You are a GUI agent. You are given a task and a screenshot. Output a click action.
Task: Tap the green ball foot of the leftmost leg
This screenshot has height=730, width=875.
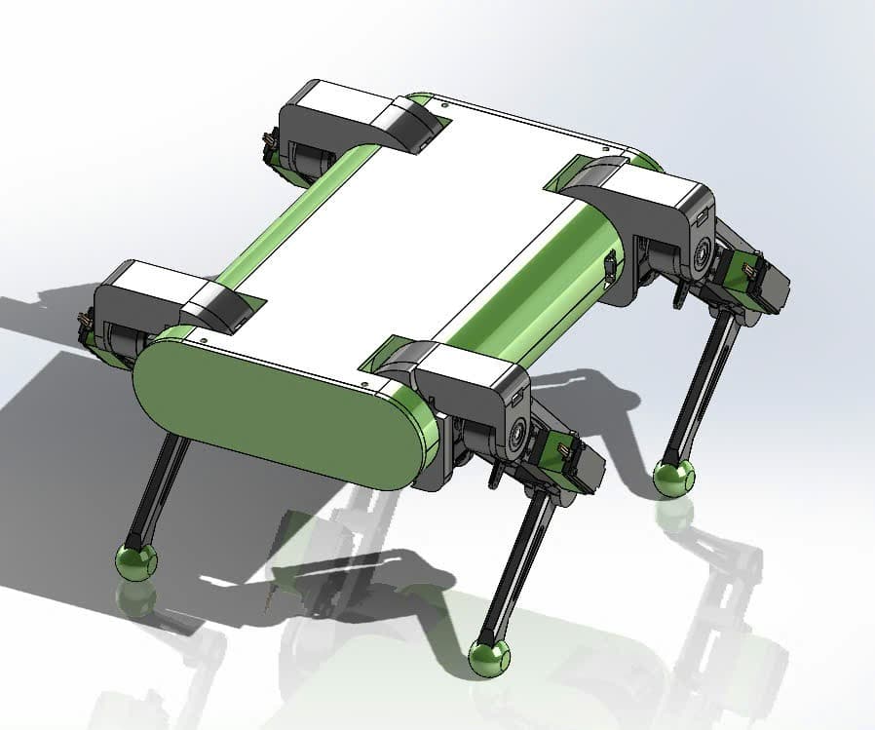pyautogui.click(x=135, y=560)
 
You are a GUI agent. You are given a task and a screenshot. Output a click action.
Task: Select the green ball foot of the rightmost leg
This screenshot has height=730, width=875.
pyautogui.click(x=672, y=477)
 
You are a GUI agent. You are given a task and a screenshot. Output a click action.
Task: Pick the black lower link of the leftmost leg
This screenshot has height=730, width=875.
pyautogui.click(x=161, y=487)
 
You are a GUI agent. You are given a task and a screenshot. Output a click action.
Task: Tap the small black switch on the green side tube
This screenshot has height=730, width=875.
pyautogui.click(x=609, y=268)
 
